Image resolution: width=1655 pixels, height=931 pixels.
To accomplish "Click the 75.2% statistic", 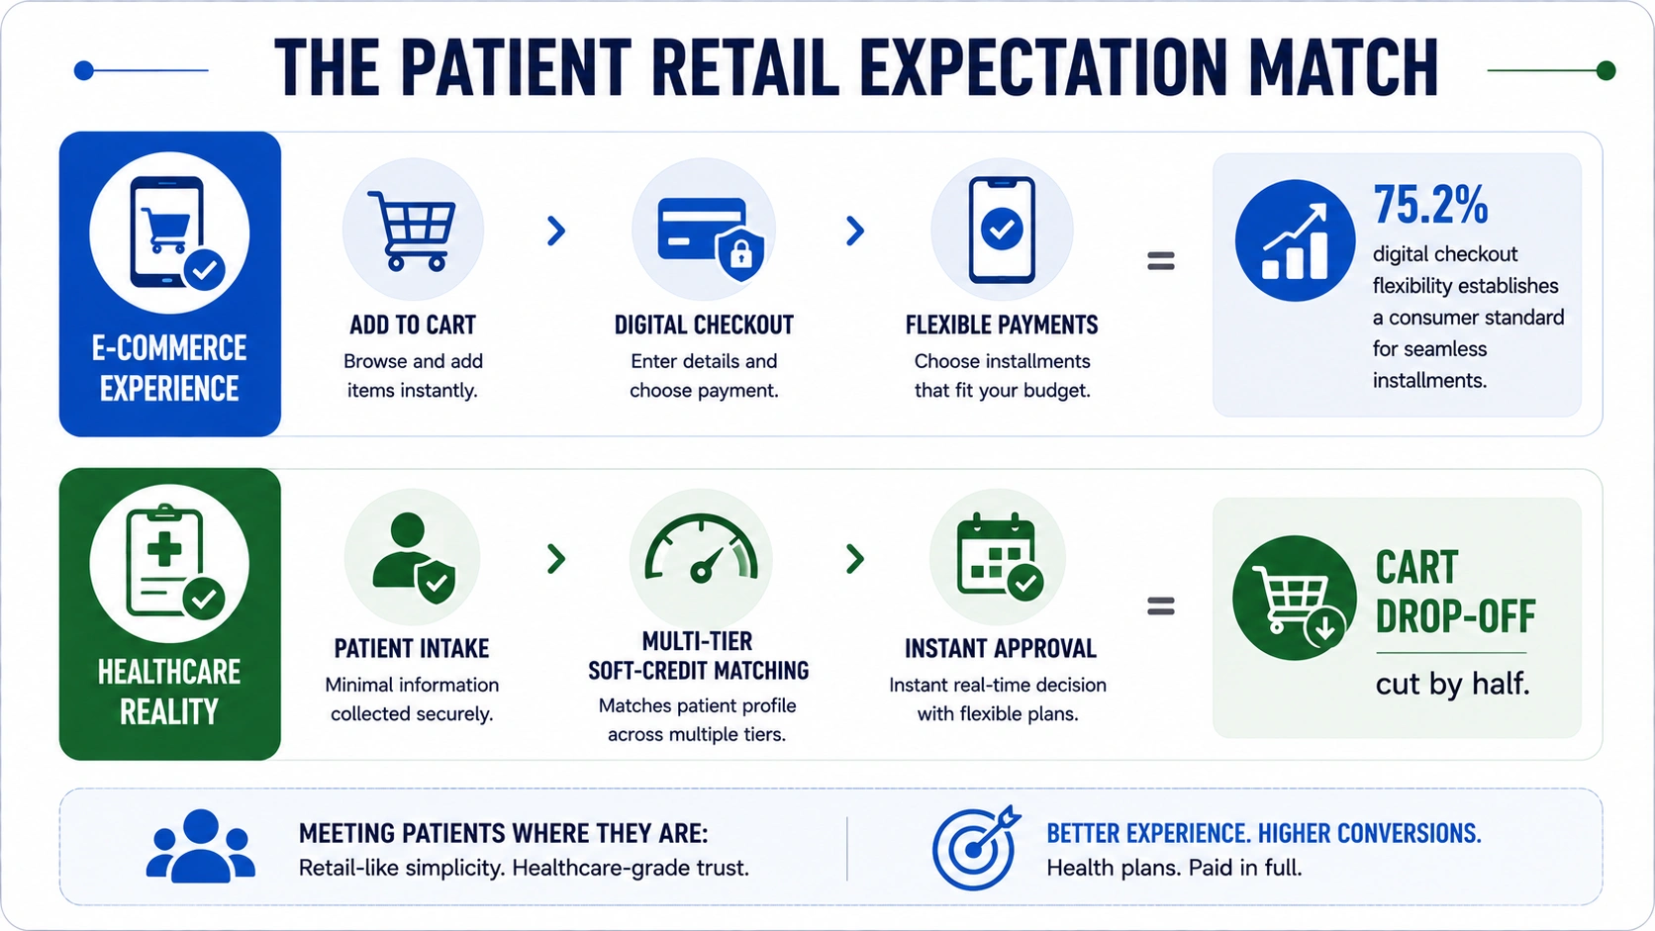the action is point(1430,205).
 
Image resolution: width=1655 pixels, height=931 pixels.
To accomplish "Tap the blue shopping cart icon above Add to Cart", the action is point(413,232).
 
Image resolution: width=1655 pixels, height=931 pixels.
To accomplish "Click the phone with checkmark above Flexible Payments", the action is point(1002,230).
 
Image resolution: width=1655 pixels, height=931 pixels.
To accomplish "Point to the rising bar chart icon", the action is point(1295,240).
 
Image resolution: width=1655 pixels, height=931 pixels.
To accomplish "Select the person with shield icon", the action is point(414,557).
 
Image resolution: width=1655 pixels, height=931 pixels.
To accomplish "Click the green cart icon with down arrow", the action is point(1295,598).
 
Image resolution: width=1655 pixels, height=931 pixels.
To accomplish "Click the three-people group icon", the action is point(200,846).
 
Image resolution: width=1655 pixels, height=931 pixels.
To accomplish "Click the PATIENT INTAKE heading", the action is point(412,648).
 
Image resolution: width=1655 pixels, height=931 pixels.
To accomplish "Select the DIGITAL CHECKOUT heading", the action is point(704,325).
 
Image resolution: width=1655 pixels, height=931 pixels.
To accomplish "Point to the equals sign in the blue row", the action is point(1161,260).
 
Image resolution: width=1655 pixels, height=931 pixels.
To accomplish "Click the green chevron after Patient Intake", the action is point(556,559).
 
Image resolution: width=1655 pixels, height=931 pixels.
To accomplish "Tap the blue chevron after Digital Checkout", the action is point(855,232).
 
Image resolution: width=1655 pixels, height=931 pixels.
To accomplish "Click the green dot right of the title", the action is point(1606,70).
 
